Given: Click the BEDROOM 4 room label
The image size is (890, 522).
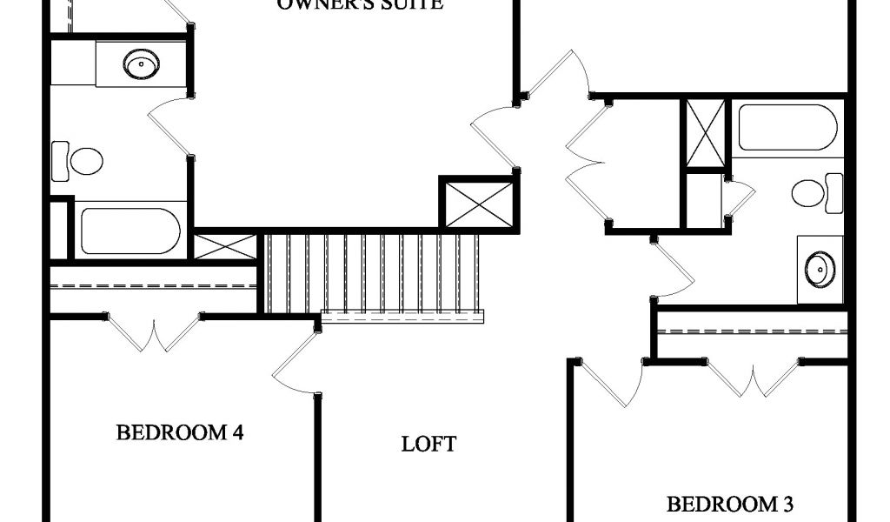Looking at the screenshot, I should [x=179, y=432].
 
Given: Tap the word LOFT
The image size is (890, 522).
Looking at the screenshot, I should [x=428, y=445].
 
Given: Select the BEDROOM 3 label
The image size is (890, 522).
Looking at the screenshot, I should [x=729, y=504].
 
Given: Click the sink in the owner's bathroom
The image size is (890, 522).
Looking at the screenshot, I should [x=141, y=64].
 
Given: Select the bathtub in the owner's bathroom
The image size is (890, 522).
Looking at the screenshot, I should [x=130, y=231].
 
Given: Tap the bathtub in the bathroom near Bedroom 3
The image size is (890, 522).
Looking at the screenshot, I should [x=787, y=128].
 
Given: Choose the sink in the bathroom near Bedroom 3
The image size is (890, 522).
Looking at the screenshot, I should [x=820, y=269].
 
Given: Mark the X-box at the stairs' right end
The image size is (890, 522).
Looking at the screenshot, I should [x=479, y=204].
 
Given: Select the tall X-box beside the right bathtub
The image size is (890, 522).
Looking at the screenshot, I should [x=705, y=133].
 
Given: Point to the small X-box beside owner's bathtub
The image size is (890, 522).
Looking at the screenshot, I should [x=225, y=246].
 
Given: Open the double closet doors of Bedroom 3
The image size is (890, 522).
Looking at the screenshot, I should [x=753, y=378].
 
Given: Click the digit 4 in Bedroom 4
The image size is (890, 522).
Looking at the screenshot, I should [x=236, y=432].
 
